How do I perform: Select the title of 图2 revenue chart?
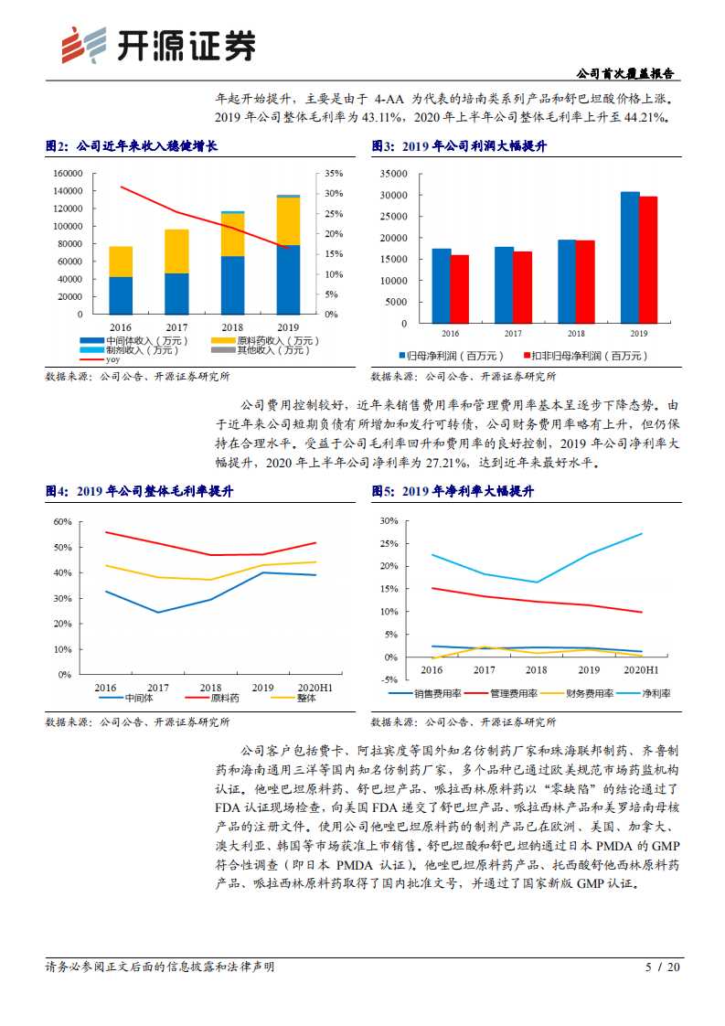(x=132, y=146)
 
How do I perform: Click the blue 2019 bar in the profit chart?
(x=630, y=257)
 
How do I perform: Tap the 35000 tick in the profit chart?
(x=394, y=173)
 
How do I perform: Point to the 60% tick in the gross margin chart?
(x=62, y=521)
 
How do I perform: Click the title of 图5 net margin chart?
(x=453, y=491)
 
